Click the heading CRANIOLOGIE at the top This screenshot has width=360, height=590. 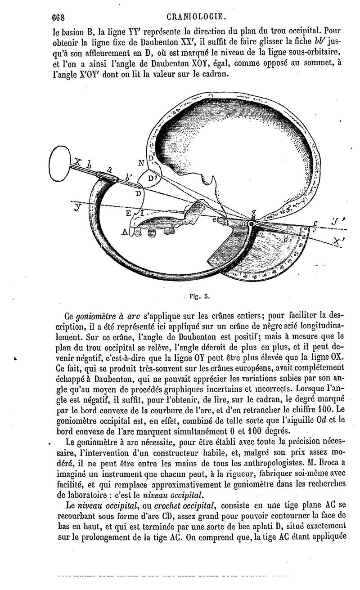click(196, 18)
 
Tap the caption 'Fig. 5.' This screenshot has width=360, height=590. click(197, 296)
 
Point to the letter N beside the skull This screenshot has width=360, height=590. click(141, 164)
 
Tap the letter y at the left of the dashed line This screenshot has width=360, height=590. click(78, 208)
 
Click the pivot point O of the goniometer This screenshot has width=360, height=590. click(250, 223)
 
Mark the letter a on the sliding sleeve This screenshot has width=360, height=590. click(109, 170)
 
